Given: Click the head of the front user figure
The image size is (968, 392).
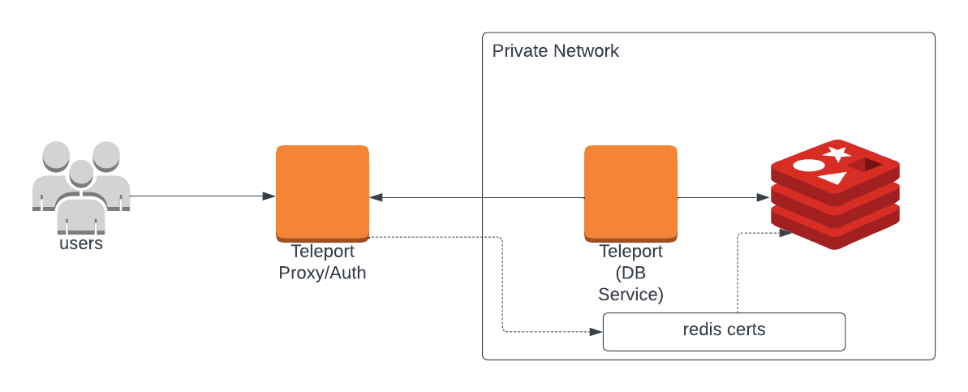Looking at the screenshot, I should point(80,173).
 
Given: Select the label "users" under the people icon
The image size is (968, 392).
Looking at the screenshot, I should point(81,243).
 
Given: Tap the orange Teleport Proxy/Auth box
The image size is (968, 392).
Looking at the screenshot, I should point(322,192).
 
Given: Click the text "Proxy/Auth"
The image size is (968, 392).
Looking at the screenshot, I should point(322,273).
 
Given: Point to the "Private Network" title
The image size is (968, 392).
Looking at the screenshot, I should point(555,51).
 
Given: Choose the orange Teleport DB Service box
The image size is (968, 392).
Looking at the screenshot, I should point(630,192).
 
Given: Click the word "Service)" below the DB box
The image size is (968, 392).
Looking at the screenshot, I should point(630,295).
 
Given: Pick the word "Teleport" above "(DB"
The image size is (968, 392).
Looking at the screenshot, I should point(630,252).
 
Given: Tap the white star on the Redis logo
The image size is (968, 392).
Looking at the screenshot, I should point(836,153).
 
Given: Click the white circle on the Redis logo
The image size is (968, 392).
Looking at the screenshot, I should point(808,166).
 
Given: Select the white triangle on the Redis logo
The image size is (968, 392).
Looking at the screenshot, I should point(833,178).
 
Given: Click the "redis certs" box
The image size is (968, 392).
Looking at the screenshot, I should point(724,331).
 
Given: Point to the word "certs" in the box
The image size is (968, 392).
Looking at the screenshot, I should point(746,330).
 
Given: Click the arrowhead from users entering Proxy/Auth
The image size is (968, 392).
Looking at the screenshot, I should point(269,196).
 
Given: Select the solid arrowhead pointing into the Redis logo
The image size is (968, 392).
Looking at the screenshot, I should point(763,197).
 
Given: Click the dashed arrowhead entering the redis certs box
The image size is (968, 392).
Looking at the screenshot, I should point(596,332).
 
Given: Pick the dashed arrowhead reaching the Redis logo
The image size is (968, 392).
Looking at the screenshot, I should point(785,233).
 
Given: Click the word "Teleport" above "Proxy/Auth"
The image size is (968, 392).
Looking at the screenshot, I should point(322,252).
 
